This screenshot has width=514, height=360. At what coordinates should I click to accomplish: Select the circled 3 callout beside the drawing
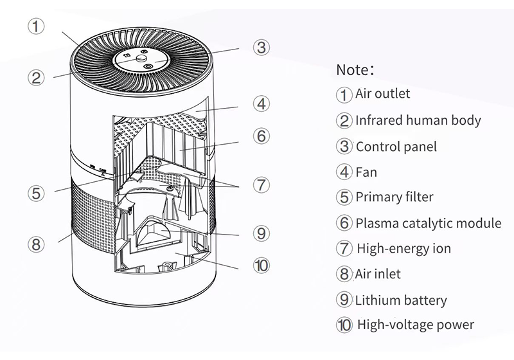[260, 47]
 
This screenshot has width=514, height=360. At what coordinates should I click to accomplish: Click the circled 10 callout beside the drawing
[260, 265]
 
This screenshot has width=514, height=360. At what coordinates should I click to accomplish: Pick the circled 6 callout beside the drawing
[260, 136]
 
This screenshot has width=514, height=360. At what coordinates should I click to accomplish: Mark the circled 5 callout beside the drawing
[36, 192]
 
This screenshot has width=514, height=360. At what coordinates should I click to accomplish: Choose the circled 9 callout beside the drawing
[260, 233]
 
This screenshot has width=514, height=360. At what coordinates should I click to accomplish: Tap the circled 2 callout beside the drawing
[36, 77]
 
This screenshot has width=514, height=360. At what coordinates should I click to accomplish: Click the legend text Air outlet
[382, 94]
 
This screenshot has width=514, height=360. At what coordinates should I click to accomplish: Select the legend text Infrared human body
[418, 120]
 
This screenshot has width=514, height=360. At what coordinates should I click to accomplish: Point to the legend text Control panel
[396, 147]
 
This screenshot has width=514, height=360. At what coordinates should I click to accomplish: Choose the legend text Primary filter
[394, 197]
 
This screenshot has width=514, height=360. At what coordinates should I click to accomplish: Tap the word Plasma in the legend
[377, 223]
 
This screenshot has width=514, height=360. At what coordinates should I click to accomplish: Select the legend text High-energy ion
[404, 249]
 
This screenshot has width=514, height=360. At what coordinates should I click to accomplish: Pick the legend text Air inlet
[378, 274]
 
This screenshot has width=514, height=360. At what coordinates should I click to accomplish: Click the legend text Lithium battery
[401, 300]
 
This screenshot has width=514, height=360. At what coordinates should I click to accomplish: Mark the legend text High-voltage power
[416, 325]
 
